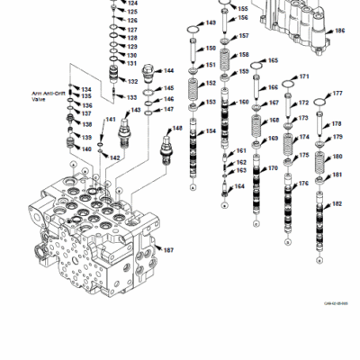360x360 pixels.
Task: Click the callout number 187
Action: tap(168, 249)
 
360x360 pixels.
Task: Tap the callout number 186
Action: tap(339, 31)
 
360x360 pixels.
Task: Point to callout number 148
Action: tap(177, 129)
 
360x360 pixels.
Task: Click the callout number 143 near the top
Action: tap(211, 23)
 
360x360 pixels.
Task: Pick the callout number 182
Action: tap(337, 204)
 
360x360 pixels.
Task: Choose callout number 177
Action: tap(337, 94)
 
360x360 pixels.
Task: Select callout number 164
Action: tap(239, 186)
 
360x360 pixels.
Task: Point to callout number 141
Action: tap(111, 119)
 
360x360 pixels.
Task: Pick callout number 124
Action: tap(133, 4)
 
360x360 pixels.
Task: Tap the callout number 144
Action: tap(168, 70)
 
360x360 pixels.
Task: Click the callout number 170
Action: tap(273, 168)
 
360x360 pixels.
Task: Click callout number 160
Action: tap(243, 103)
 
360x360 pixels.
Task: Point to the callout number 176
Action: tap(304, 184)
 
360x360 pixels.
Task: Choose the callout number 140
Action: tap(86, 148)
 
